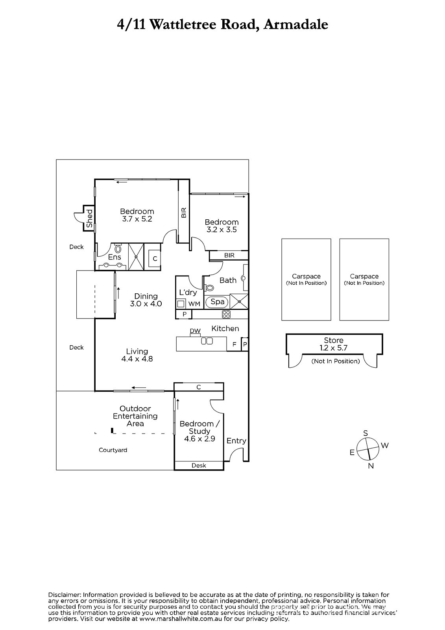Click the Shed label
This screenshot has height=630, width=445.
89,219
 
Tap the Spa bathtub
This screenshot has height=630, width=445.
218,302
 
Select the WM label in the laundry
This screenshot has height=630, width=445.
194,304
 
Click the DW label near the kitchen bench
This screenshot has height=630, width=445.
195,331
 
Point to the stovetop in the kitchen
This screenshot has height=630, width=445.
226,314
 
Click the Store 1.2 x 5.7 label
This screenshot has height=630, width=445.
334,344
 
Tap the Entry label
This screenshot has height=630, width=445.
236,441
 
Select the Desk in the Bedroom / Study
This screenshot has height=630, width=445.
199,465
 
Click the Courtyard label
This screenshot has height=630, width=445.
113,450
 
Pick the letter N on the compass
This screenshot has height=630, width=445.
371,466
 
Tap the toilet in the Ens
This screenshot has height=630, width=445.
118,249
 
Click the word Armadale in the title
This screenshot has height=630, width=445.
296,25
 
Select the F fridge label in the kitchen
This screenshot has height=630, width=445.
234,344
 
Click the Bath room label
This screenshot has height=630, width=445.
228,280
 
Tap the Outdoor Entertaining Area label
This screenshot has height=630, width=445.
135,416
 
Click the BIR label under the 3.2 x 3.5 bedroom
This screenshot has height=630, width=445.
229,256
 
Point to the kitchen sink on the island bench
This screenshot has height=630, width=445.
207,341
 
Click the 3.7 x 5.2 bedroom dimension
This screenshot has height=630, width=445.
137,219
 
